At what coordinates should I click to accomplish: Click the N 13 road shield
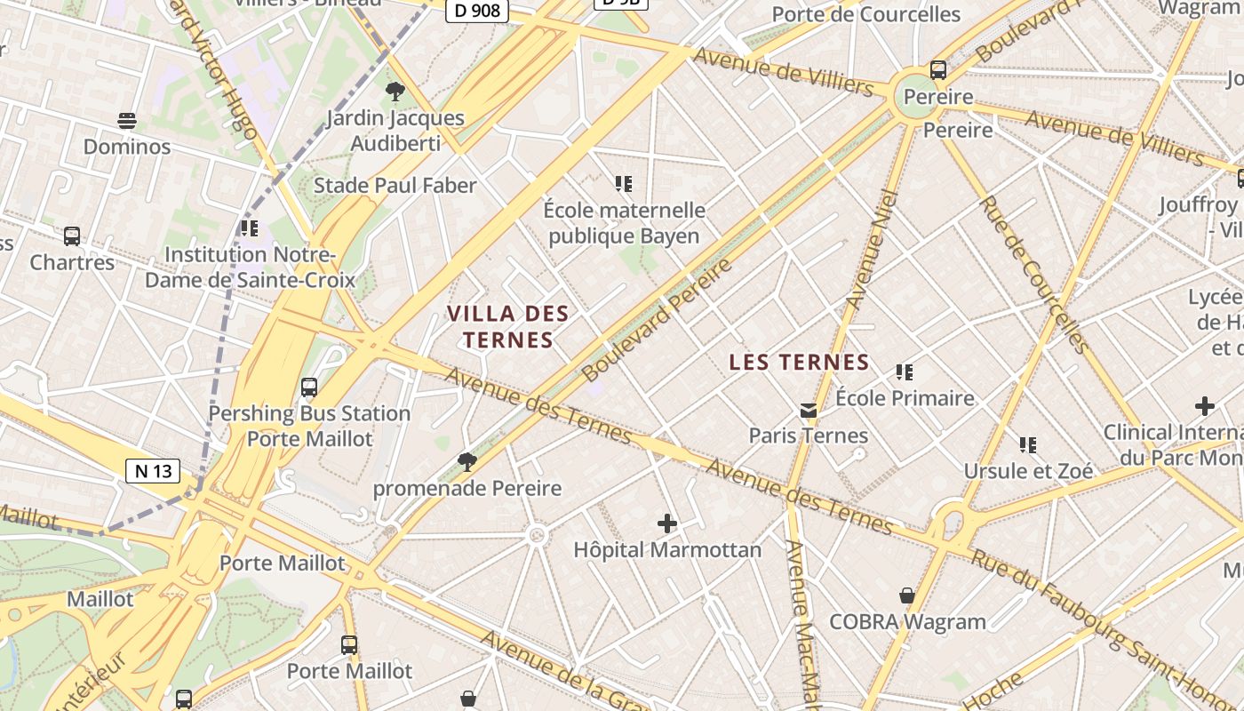[x=153, y=471]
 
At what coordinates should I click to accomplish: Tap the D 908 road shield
[x=476, y=11]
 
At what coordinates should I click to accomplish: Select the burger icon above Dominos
[x=127, y=121]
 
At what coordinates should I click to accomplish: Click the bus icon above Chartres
[x=72, y=236]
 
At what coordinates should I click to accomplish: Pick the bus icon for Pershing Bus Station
[x=309, y=387]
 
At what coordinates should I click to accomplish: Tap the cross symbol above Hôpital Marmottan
[x=667, y=523]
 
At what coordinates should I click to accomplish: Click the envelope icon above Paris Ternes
[x=809, y=410]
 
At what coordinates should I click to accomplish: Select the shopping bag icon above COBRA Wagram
[x=907, y=595]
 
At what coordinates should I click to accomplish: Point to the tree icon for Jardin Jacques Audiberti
[x=395, y=91]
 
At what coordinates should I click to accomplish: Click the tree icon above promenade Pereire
[x=466, y=461]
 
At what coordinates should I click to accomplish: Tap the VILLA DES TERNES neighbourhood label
[x=508, y=326]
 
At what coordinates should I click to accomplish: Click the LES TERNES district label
[x=799, y=363]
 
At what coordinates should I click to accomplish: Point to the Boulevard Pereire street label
[x=658, y=320]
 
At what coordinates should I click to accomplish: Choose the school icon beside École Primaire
[x=905, y=372]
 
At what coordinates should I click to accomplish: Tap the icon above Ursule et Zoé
[x=1028, y=444]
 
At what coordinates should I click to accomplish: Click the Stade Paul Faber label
[x=395, y=186]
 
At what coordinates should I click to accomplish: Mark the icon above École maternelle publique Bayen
[x=624, y=184]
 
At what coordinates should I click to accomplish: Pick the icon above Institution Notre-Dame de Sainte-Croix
[x=250, y=228]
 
